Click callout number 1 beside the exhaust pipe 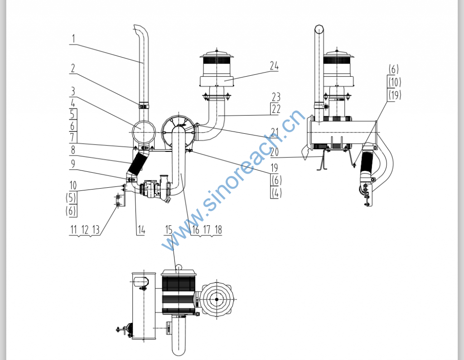[73, 39]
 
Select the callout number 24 [274, 66]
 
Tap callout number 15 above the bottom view [169, 229]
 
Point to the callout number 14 [141, 230]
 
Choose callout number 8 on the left [73, 150]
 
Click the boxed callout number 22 [276, 109]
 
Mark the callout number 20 [274, 152]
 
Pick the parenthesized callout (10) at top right [395, 82]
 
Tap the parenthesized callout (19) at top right [395, 95]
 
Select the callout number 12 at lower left [85, 229]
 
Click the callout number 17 [207, 229]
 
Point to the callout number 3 [73, 91]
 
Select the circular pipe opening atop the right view [319, 29]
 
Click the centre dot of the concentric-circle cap [217, 299]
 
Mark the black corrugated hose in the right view [367, 164]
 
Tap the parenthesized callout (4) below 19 [276, 193]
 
